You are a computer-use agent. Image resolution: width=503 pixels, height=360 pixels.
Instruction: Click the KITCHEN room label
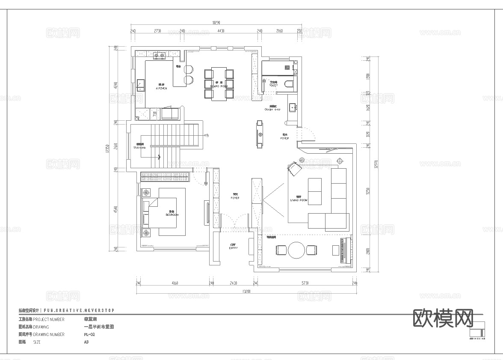click(x=161, y=88)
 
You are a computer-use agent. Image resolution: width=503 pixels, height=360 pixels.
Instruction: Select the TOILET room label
click(x=273, y=85)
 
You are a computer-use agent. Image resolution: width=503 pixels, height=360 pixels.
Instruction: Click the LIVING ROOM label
click(x=299, y=200)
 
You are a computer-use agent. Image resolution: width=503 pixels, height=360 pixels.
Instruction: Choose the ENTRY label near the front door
click(x=234, y=248)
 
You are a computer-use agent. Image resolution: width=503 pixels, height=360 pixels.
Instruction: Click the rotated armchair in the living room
click(x=294, y=169)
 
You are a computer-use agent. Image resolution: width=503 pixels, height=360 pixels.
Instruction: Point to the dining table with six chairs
click(x=219, y=83)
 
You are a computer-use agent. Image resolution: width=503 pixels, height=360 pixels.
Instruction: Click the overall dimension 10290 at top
click(x=217, y=22)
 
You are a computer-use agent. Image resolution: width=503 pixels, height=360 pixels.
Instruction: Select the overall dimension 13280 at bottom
click(x=245, y=292)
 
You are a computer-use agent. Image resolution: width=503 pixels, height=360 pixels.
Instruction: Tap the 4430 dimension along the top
click(x=221, y=31)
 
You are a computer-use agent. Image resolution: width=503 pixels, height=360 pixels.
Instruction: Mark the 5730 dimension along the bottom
click(x=305, y=283)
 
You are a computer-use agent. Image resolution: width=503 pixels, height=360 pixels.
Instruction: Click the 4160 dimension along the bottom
click(x=175, y=283)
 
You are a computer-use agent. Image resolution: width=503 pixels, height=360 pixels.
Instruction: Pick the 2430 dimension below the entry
click(x=233, y=283)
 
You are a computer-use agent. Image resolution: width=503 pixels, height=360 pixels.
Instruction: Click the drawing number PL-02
click(x=89, y=334)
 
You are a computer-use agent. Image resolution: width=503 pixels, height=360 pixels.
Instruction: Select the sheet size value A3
click(x=86, y=342)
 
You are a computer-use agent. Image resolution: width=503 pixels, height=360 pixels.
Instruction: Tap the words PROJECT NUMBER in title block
click(x=49, y=319)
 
